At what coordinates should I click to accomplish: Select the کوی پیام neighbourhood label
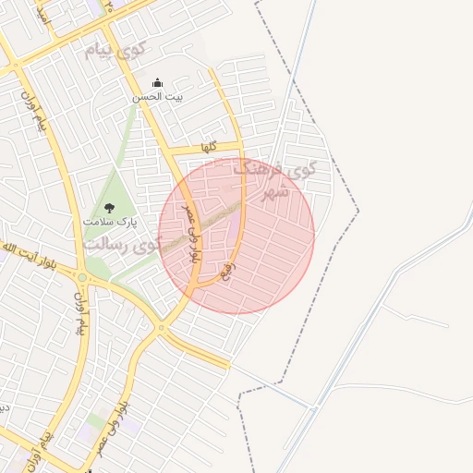pos(115,50)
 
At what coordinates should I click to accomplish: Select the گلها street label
pos(209,147)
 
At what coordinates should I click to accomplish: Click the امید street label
pos(42,13)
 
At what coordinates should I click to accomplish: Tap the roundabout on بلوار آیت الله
pos(81,277)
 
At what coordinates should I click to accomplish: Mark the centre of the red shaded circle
pos(236,236)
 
